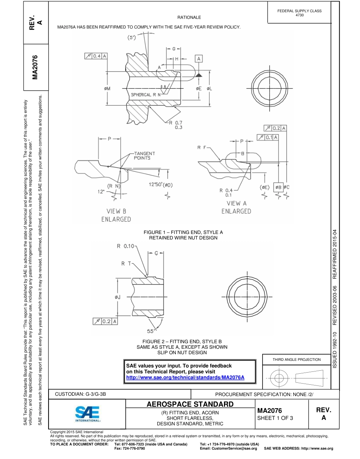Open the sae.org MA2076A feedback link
(185, 378)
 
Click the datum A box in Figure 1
(199, 59)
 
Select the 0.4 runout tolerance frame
(95, 56)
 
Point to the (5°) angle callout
(133, 38)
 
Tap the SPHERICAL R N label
(146, 94)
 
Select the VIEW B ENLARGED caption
(116, 215)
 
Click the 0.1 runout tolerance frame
(268, 137)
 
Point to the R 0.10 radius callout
(125, 246)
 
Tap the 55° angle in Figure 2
(152, 330)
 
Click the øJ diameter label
(117, 297)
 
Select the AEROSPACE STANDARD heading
(190, 404)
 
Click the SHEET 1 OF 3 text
(275, 418)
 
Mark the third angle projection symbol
(297, 378)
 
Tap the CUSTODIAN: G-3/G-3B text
(81, 394)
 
